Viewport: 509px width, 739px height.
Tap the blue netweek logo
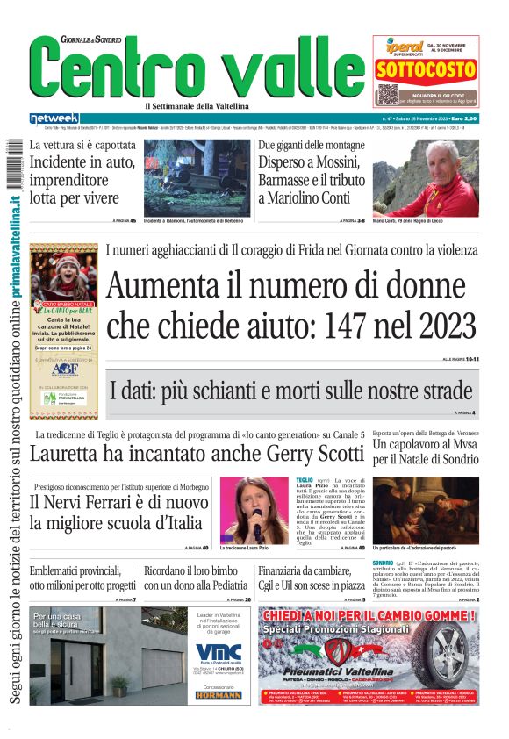coord(54,118)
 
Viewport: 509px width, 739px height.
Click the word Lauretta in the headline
coord(69,454)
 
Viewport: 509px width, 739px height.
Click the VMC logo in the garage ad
coord(219,653)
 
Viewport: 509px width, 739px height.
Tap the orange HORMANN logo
coord(219,694)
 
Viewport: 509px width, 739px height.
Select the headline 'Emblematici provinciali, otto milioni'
coord(82,578)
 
